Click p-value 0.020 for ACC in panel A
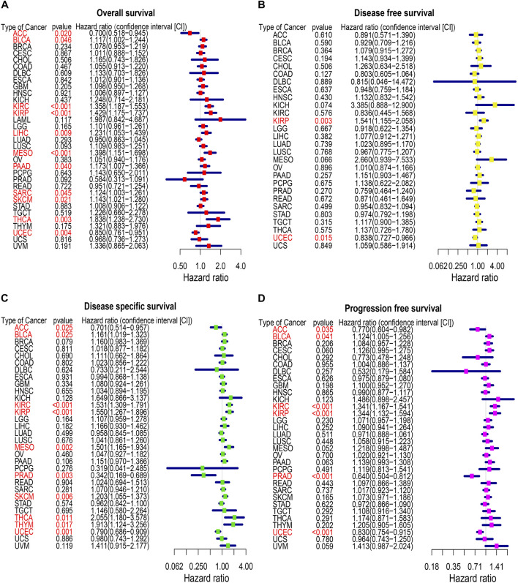click(x=62, y=34)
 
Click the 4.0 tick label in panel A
click(x=240, y=260)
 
